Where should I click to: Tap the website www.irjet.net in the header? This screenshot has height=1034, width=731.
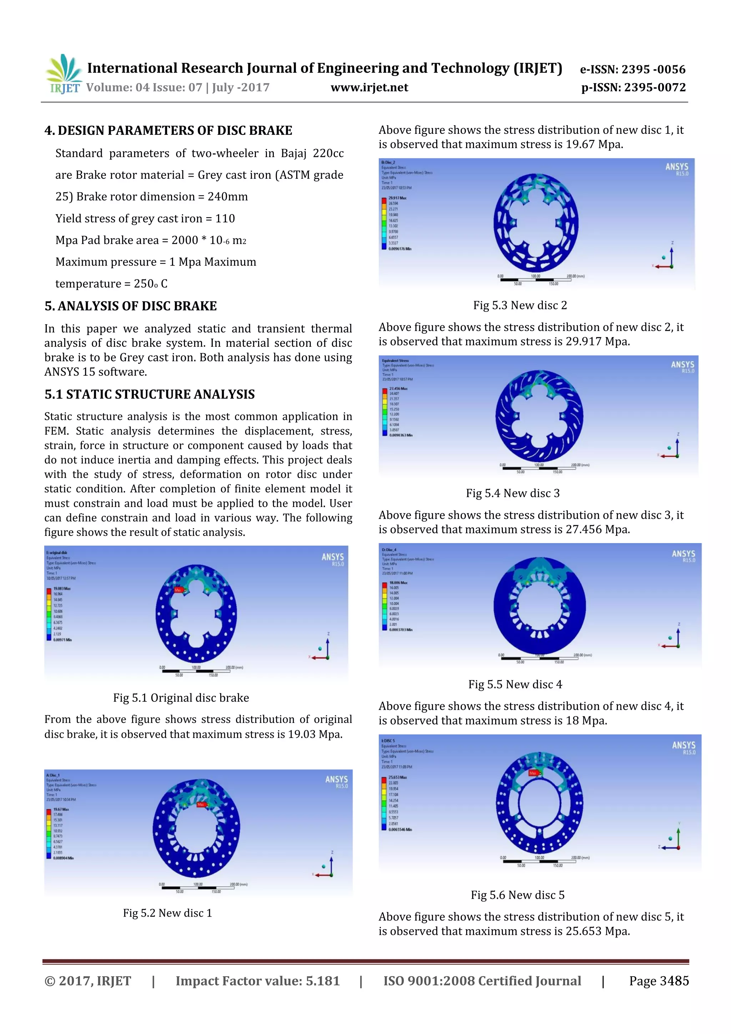pos(369,87)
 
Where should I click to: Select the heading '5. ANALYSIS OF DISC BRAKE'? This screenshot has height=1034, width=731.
pos(130,306)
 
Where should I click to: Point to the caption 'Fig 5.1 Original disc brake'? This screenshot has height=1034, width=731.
pos(181,698)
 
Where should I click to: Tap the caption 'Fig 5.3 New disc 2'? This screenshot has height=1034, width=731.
pos(520,305)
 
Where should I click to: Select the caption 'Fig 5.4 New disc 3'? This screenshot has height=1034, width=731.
pos(513,493)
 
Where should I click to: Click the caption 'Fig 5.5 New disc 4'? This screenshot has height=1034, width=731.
pos(515,685)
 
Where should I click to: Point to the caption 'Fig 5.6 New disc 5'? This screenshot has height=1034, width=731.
pos(518,895)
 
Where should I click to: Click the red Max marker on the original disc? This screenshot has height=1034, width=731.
pos(178,589)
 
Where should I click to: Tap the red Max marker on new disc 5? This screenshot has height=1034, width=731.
pos(533,773)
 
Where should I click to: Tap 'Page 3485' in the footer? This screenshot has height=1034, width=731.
pos(659,981)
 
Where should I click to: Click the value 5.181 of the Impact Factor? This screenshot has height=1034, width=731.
pos(322,981)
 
